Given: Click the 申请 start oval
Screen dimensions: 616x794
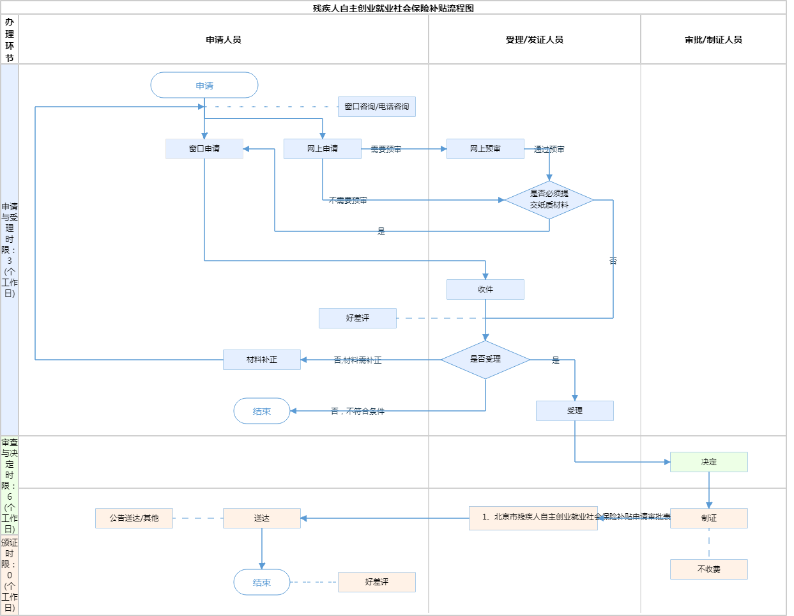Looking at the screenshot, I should coord(204,85).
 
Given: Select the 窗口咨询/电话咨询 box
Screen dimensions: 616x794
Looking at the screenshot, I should coord(377,107).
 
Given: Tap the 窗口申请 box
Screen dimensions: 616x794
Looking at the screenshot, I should coord(204,149).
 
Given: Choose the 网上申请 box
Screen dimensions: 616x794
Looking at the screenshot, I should coord(323,149).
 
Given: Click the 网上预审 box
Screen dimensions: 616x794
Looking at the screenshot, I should coord(485,149).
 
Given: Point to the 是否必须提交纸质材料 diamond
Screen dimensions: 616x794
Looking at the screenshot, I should coord(549,199).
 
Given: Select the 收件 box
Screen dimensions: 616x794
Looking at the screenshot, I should coord(485,289).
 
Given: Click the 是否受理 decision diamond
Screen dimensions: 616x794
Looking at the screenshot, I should coord(485,359).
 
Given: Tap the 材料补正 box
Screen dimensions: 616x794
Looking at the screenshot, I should coord(262,360).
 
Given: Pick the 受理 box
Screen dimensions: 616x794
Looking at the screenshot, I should coord(575,411).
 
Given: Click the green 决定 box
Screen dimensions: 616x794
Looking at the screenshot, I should coord(709,462).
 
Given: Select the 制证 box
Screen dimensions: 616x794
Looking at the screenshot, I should coord(709,518).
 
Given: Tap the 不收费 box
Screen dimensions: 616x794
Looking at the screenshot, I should coord(709,569).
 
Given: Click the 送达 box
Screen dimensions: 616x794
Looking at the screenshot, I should coord(262,518).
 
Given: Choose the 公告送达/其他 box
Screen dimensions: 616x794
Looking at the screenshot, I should coord(134,518).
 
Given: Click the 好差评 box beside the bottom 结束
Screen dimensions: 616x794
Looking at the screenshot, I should coord(377,582).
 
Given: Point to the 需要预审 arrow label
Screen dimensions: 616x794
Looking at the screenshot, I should coord(386,149).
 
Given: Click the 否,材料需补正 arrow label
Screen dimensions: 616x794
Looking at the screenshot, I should coord(358,360).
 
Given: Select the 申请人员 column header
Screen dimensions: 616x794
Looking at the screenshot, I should coord(224,40).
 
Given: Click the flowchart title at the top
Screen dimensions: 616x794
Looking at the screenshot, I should coord(393,8).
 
